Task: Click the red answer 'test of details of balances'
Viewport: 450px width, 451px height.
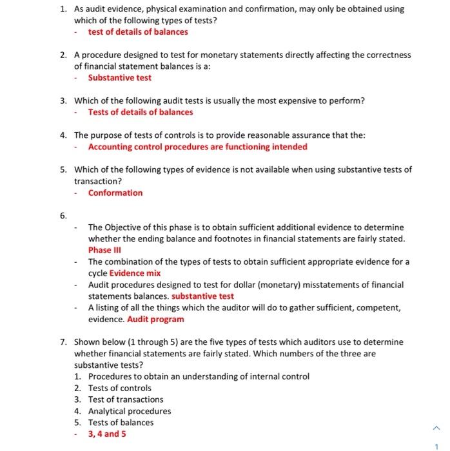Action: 138,32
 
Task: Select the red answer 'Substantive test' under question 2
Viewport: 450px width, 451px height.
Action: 120,78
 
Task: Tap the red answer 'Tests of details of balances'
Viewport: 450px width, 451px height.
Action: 141,112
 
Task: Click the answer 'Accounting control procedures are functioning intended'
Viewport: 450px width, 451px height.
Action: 197,147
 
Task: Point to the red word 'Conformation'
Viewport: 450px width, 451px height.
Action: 115,193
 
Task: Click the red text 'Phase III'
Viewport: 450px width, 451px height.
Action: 104,250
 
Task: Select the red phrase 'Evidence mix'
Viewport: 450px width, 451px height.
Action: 135,273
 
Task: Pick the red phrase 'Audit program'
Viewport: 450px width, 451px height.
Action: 155,319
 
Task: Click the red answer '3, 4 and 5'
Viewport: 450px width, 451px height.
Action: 107,434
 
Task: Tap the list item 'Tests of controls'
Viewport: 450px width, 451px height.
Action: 119,388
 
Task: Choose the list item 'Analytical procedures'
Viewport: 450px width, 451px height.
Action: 130,411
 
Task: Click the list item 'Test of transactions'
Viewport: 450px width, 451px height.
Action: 126,399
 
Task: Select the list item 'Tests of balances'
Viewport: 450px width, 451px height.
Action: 121,423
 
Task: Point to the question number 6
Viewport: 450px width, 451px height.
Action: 63,216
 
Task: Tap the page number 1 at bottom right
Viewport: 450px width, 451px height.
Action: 436,444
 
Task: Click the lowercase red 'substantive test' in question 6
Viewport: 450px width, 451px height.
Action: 203,296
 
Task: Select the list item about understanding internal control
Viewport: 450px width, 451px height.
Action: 199,376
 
